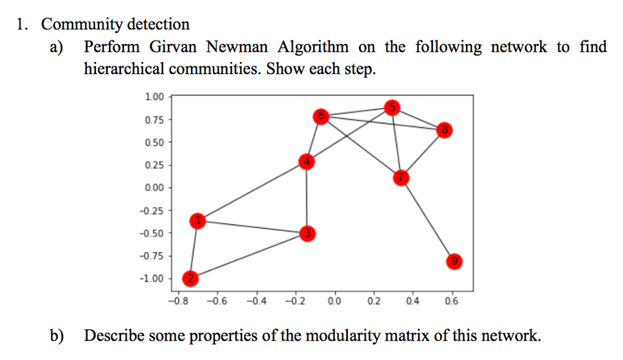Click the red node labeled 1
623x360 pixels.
(x=197, y=221)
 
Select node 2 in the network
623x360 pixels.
(x=190, y=279)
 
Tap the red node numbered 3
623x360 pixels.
(x=308, y=233)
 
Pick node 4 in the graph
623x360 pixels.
(x=307, y=161)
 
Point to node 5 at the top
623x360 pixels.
(x=392, y=108)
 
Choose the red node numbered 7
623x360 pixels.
(x=400, y=178)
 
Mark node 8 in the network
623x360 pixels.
(x=445, y=130)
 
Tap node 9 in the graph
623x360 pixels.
(x=453, y=262)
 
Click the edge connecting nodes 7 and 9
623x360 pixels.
(x=426, y=220)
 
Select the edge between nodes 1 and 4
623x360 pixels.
(x=252, y=191)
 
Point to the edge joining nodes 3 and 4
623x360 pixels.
(x=307, y=197)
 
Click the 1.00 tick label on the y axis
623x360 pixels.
(x=155, y=97)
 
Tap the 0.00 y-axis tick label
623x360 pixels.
(x=155, y=187)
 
